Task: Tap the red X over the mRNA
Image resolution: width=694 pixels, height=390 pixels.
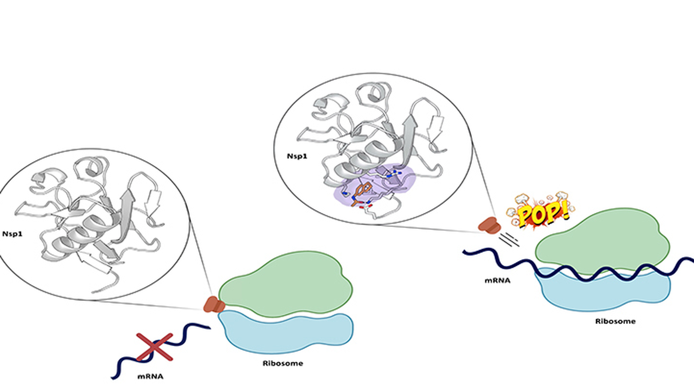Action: point(154,347)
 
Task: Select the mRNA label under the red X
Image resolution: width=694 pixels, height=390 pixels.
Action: point(151,377)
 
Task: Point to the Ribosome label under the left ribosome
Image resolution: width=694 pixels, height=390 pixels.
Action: point(282,364)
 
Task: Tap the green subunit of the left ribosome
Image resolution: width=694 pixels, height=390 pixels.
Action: point(286,283)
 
